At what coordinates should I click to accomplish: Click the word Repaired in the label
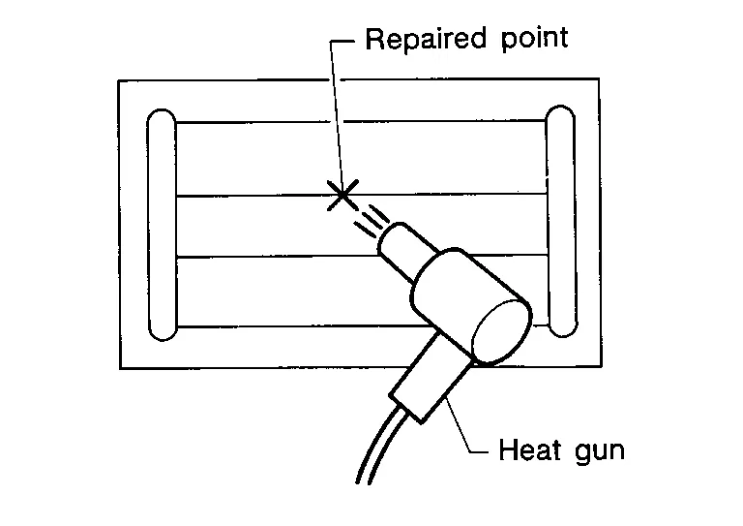tap(422, 39)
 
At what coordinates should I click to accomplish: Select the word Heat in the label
tap(527, 450)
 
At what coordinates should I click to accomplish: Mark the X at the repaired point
tap(341, 195)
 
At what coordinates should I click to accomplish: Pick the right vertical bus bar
tap(560, 224)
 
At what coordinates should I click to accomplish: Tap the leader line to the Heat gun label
tap(464, 426)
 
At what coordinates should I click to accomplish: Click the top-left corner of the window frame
tap(119, 80)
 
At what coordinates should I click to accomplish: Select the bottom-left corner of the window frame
tap(120, 368)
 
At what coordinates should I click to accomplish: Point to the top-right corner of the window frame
tap(599, 79)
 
